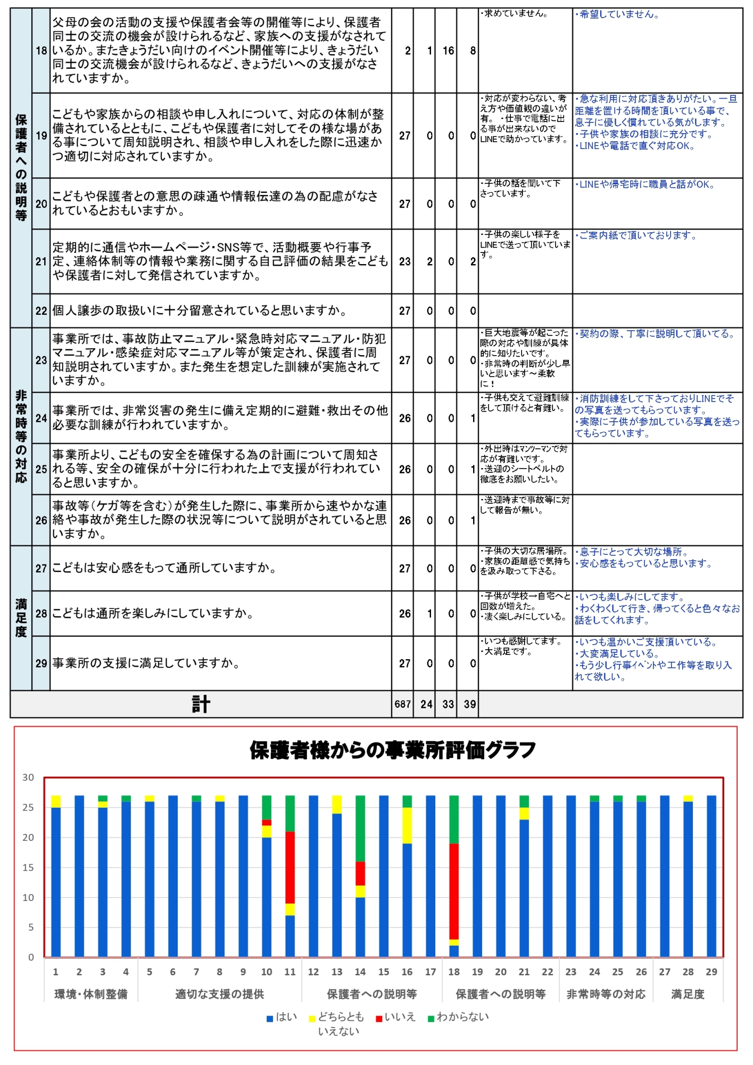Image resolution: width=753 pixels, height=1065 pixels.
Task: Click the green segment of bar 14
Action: point(360,829)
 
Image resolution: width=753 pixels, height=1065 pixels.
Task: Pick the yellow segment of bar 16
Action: point(407,825)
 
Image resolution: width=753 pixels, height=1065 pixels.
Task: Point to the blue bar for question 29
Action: point(711,879)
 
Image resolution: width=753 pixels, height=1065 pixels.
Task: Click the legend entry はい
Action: point(282,1017)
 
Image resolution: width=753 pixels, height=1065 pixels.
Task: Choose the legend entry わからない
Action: point(458,1017)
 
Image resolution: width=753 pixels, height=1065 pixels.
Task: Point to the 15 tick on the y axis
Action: point(28,867)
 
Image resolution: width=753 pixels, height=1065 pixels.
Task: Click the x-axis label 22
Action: point(548,972)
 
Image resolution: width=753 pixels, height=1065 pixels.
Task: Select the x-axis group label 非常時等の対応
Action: point(606,994)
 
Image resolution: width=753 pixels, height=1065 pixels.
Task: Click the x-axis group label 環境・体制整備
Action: point(91,994)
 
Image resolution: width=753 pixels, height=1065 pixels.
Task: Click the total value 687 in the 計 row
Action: point(403,704)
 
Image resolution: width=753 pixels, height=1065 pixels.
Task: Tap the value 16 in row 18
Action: point(448,51)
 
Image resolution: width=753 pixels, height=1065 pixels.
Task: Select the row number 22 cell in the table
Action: point(41,311)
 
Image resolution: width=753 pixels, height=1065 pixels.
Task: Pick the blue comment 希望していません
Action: point(618,14)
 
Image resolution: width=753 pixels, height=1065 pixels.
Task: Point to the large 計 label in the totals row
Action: point(201,704)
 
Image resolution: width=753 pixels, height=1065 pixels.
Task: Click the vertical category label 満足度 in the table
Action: point(21,618)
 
